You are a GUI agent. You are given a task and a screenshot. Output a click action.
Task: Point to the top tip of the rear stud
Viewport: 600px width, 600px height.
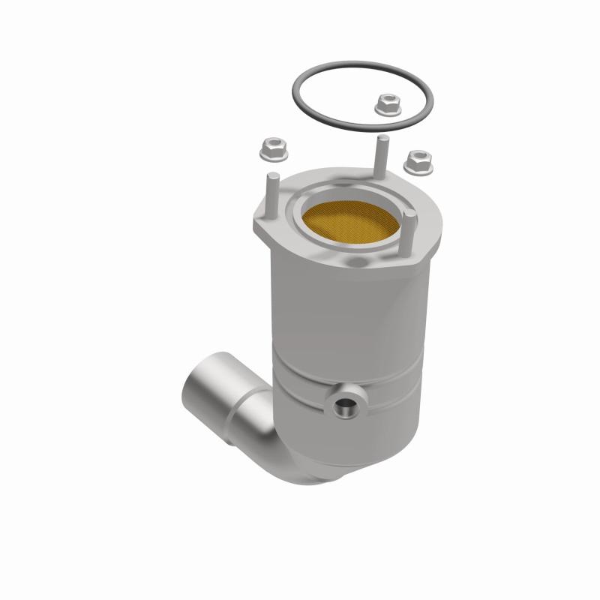click(x=382, y=140)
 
